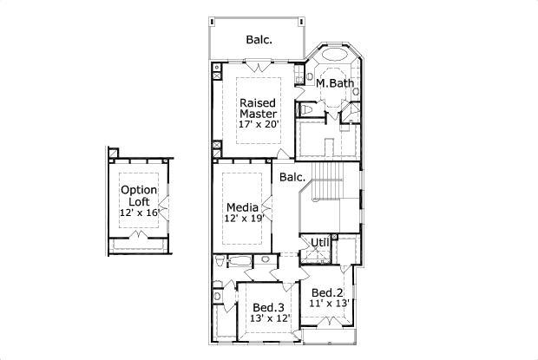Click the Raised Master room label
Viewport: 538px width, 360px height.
click(258, 108)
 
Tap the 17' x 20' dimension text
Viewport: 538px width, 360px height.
click(258, 124)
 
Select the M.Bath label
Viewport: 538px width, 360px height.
click(335, 83)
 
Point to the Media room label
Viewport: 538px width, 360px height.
click(243, 207)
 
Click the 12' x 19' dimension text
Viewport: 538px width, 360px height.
click(244, 218)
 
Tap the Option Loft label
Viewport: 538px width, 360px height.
click(139, 196)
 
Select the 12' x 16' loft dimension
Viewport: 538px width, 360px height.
click(140, 213)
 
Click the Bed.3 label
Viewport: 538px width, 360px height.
click(268, 307)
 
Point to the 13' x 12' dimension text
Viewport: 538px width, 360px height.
click(270, 318)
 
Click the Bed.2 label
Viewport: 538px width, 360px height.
click(327, 293)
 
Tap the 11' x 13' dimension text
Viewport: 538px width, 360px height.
click(329, 304)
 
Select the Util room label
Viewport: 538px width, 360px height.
click(320, 243)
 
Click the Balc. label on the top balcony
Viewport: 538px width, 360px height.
click(259, 40)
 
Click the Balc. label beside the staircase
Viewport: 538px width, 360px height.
click(292, 177)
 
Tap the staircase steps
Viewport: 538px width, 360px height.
click(327, 180)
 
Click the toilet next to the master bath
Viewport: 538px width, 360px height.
click(305, 109)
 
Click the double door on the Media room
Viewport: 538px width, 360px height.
click(267, 208)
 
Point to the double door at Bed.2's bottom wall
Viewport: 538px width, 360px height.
click(329, 322)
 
